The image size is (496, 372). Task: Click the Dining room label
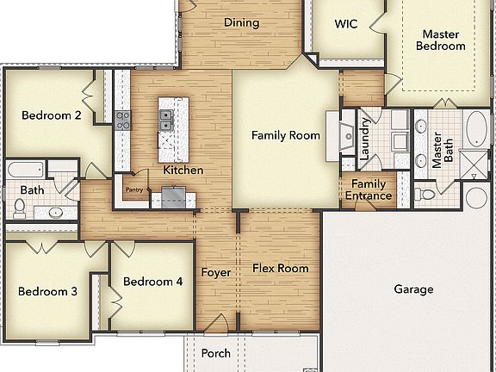pyautogui.click(x=241, y=23)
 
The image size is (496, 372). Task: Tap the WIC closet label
pyautogui.click(x=346, y=23)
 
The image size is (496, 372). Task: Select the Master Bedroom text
pyautogui.click(x=441, y=40)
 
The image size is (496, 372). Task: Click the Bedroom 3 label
pyautogui.click(x=48, y=292)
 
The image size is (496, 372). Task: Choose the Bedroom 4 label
pyautogui.click(x=152, y=282)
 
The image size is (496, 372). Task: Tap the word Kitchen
pyautogui.click(x=183, y=170)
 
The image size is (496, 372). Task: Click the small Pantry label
pyautogui.click(x=133, y=189)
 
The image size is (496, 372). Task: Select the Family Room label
pyautogui.click(x=285, y=135)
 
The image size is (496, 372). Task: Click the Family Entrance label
pyautogui.click(x=369, y=190)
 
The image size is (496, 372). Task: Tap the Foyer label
pyautogui.click(x=215, y=273)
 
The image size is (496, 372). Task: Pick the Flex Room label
pyautogui.click(x=280, y=269)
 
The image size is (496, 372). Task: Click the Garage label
pyautogui.click(x=413, y=290)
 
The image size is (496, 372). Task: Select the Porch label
pyautogui.click(x=215, y=354)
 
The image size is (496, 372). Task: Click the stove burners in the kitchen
pyautogui.click(x=122, y=120)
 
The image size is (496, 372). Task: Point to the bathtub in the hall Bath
pyautogui.click(x=26, y=169)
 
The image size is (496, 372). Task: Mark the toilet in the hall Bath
pyautogui.click(x=19, y=208)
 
